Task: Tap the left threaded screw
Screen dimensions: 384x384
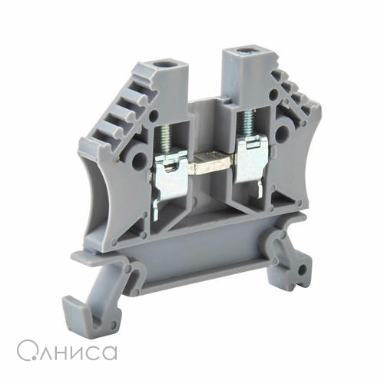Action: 164,141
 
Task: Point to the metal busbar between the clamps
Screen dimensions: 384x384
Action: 212,164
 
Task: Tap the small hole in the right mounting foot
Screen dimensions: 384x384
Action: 303,269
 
